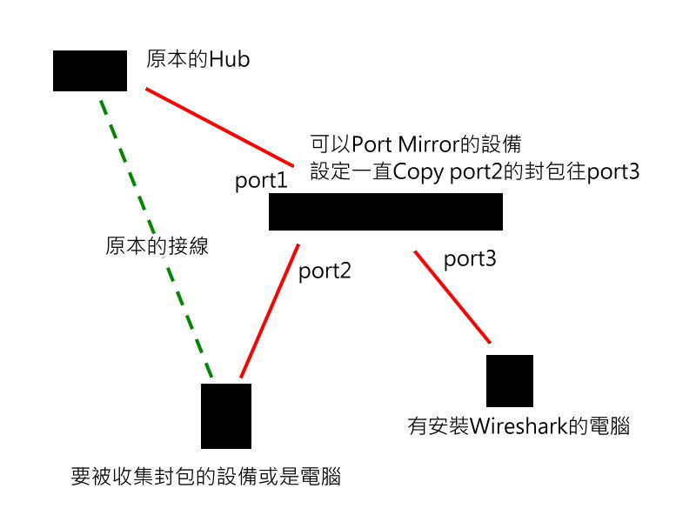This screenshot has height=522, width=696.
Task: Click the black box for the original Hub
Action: click(x=90, y=70)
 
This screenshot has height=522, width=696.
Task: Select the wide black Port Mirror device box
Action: click(x=385, y=212)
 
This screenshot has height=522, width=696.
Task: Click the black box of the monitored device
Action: click(x=226, y=416)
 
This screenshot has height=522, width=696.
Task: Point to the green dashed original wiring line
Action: click(x=157, y=244)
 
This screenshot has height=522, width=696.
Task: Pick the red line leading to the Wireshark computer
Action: click(x=452, y=296)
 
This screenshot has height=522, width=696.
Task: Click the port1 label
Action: click(x=261, y=183)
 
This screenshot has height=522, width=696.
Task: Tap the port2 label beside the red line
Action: click(x=325, y=271)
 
